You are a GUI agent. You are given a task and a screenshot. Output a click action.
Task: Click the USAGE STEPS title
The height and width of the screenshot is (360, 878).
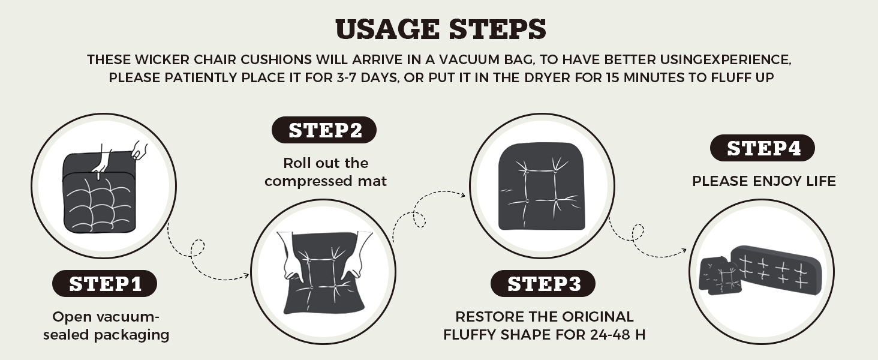(440, 29)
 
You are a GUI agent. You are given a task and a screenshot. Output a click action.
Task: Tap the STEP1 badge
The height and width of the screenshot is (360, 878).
(105, 284)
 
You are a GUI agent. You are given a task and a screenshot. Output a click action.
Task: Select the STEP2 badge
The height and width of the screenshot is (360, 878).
(324, 130)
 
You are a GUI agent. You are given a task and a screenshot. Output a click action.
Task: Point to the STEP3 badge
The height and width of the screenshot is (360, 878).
(543, 284)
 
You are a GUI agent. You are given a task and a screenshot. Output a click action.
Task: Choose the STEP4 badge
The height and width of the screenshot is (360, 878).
(763, 148)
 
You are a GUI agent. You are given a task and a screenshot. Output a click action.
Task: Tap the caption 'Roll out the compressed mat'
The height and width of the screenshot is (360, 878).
(326, 172)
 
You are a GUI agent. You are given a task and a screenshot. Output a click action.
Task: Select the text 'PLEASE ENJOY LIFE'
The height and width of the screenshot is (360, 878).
(763, 181)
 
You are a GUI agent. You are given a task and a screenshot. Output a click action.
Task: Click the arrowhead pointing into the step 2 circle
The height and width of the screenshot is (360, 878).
(246, 276)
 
